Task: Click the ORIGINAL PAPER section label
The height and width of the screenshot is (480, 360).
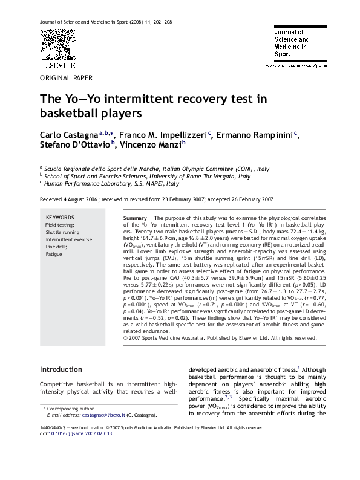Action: (x=66, y=79)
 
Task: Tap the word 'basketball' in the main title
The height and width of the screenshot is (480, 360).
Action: (x=68, y=112)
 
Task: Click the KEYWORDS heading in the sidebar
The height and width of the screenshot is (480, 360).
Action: (x=60, y=217)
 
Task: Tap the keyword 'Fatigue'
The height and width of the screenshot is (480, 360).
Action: (x=54, y=254)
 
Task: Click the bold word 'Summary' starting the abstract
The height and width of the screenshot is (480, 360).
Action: (x=135, y=218)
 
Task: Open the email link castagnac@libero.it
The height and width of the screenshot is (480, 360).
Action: (x=104, y=415)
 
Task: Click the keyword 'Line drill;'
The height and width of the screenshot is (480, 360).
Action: (x=56, y=247)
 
